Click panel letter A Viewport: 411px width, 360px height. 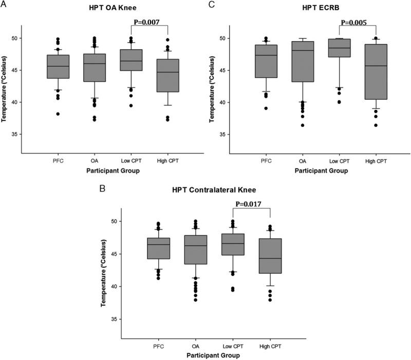point(4,5)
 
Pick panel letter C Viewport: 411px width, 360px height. point(211,5)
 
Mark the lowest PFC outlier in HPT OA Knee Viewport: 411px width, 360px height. point(59,113)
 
